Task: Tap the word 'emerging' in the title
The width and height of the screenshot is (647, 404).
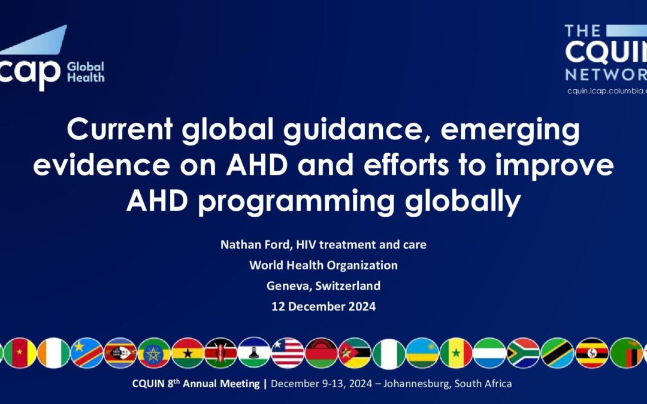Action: (510, 131)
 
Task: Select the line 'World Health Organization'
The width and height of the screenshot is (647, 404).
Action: (323, 266)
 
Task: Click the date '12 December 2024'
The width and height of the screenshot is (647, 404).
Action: (323, 306)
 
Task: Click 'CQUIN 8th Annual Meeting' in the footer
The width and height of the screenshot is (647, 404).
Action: (196, 384)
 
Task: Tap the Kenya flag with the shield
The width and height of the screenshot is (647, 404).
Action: (220, 353)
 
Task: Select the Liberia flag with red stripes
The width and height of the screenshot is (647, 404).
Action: (288, 353)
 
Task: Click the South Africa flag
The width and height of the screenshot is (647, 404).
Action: (523, 353)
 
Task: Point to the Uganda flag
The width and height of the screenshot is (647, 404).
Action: (592, 353)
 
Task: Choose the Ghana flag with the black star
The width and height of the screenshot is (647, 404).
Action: (188, 353)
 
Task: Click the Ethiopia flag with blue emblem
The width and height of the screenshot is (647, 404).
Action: (154, 353)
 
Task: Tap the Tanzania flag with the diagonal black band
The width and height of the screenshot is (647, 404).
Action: (558, 353)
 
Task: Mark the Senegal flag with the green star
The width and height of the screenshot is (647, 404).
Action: (456, 353)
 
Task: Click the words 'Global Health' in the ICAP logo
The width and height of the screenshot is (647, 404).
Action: (86, 72)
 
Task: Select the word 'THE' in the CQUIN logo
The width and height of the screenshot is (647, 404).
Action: (583, 31)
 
